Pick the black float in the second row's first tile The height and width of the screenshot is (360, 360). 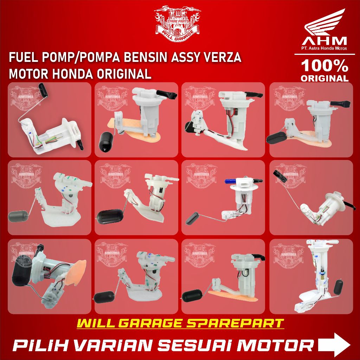18,216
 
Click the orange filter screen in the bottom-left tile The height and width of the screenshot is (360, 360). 76,269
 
